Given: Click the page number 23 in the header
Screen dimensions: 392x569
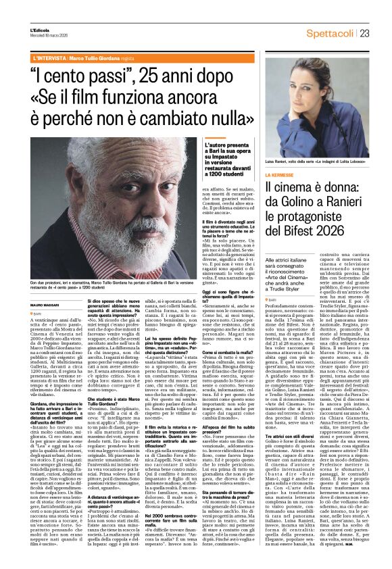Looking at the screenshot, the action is tap(364, 34).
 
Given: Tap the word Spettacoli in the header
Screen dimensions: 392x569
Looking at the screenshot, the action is tap(330, 34).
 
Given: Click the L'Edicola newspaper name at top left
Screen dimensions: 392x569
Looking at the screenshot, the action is tap(40, 31).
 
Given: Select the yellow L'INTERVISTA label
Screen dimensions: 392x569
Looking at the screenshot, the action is tap(50, 59).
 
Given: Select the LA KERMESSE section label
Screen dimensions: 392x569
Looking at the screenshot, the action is tap(280, 174).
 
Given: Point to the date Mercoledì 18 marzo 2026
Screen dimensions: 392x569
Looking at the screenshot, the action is tap(49, 36).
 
